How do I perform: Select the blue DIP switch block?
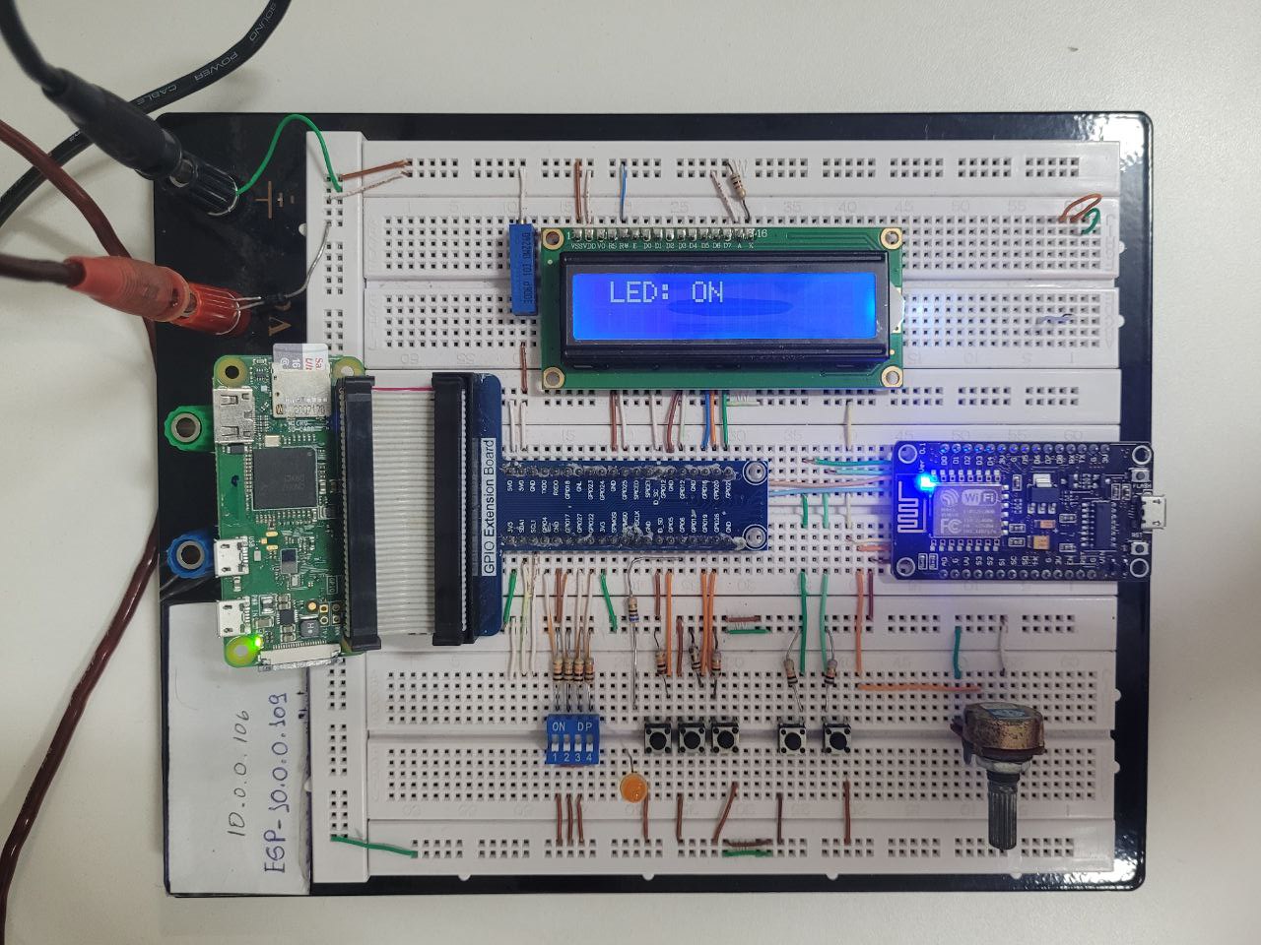(572, 740)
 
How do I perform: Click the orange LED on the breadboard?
(632, 788)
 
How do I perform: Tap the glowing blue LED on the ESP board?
(923, 483)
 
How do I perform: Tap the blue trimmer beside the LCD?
(524, 268)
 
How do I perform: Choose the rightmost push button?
(836, 736)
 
